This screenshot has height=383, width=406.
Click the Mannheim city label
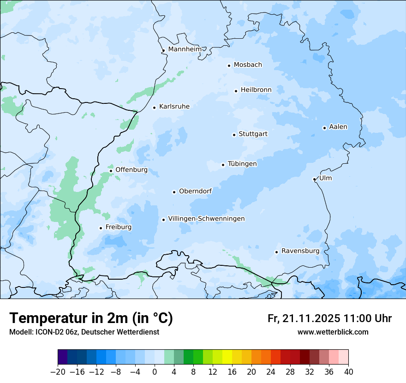[185, 49]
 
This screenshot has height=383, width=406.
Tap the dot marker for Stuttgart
[234, 135]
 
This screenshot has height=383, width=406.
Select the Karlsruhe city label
[174, 107]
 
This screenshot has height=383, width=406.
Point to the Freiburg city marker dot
[101, 228]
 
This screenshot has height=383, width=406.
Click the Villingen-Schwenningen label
[206, 219]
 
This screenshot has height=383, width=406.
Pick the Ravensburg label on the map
[300, 251]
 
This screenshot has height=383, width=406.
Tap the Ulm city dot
[314, 179]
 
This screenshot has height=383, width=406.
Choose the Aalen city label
[338, 127]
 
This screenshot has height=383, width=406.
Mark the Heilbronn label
[256, 90]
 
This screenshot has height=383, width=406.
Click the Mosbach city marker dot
[229, 66]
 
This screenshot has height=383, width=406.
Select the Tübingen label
[242, 164]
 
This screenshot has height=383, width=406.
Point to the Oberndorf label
[195, 191]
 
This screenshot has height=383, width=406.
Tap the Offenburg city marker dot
[111, 171]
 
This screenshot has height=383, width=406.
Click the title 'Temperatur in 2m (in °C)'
[91, 318]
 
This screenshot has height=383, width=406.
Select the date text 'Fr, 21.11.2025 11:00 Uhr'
[329, 318]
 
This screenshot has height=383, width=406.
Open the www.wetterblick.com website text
[333, 332]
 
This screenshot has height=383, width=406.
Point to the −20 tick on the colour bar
[58, 372]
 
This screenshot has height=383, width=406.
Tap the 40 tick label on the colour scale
[348, 372]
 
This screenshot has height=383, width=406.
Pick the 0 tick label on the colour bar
[155, 372]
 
